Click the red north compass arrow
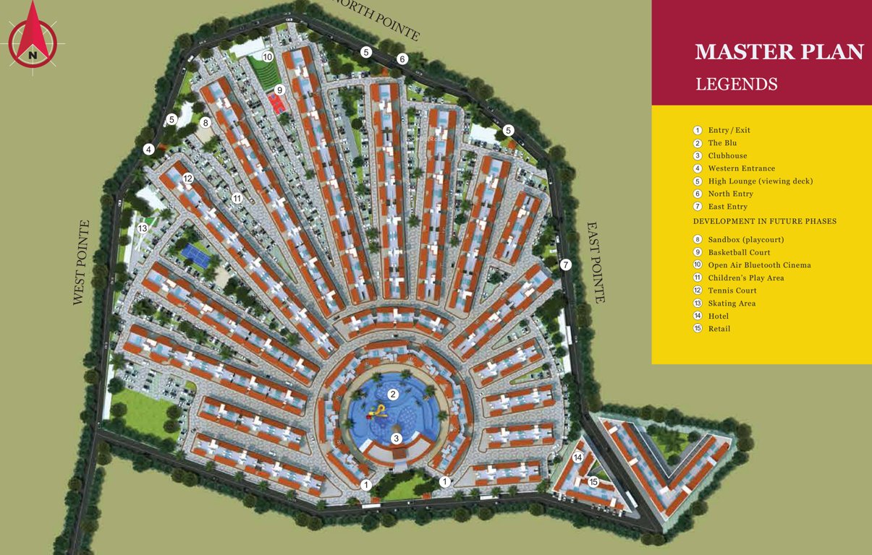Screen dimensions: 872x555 click(32, 33)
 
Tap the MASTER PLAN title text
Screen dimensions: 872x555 click(779, 53)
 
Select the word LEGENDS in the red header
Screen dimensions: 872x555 click(736, 85)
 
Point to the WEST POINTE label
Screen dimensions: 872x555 click(80, 262)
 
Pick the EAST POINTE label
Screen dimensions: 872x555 click(595, 262)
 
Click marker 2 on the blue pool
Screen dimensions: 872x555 click(393, 395)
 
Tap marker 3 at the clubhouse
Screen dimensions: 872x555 click(396, 439)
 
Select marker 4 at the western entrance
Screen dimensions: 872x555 click(148, 150)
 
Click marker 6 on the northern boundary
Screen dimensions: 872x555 click(402, 59)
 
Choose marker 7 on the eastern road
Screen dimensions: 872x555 click(566, 264)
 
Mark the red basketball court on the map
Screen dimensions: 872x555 click(276, 103)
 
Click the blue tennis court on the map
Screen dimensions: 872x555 click(193, 252)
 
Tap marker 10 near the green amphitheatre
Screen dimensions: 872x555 click(267, 56)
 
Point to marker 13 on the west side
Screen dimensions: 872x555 click(143, 228)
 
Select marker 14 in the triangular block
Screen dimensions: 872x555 click(577, 457)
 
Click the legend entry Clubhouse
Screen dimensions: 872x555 click(727, 156)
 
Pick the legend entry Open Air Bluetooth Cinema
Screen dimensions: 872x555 click(759, 265)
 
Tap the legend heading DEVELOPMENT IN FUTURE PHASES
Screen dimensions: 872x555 click(764, 221)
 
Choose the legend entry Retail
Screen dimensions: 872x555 click(719, 329)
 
